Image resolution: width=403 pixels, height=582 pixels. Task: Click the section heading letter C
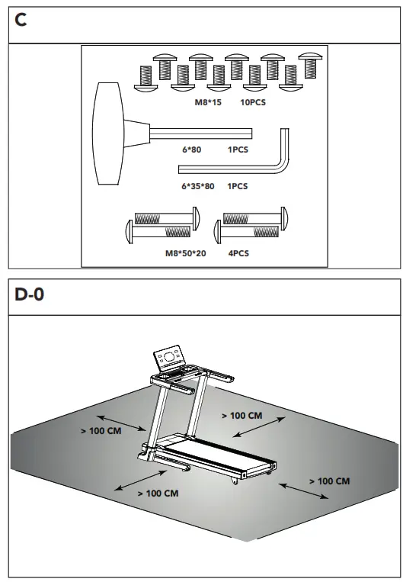(x=21, y=21)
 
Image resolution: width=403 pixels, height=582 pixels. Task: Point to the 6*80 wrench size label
(x=191, y=150)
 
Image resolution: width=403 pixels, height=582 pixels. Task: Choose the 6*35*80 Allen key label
(x=197, y=185)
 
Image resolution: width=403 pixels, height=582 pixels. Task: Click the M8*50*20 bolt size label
(x=185, y=253)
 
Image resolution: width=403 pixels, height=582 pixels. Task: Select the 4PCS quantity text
(x=238, y=253)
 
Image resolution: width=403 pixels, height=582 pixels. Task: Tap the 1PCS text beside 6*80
(x=238, y=150)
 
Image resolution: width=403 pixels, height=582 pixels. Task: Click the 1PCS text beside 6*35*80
(x=238, y=185)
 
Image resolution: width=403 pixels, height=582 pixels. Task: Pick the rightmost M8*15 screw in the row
(x=309, y=64)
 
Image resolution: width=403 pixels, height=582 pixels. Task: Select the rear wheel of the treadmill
(x=234, y=482)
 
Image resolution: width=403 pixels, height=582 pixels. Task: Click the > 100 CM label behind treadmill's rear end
(x=329, y=481)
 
